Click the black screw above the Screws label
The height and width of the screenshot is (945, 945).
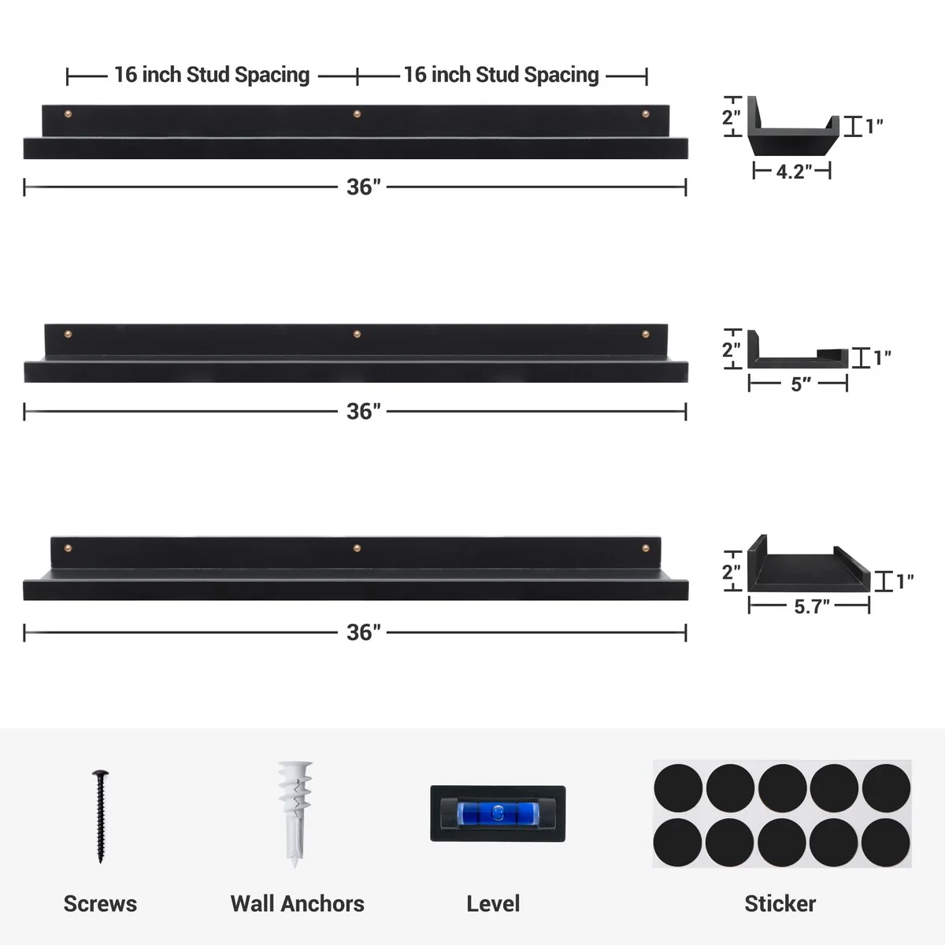click(100, 817)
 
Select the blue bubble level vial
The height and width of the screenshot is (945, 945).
click(497, 812)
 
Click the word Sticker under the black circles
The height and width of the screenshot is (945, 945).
click(780, 903)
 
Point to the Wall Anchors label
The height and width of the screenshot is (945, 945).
click(297, 903)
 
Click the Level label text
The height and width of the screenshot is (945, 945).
click(493, 903)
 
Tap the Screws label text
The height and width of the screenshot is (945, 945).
click(100, 903)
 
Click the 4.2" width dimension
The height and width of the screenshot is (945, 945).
click(793, 172)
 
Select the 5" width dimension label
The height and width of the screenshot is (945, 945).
click(800, 384)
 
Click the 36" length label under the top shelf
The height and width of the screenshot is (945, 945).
click(363, 187)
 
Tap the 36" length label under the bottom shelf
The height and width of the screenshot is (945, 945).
click(363, 632)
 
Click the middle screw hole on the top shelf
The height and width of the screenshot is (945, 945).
click(357, 115)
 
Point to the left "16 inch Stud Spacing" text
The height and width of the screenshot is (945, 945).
click(212, 76)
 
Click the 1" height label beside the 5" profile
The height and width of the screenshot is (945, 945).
click(882, 358)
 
